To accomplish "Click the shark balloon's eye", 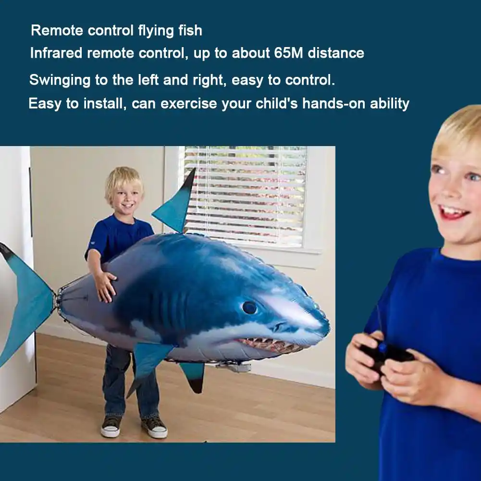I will [x=249, y=307].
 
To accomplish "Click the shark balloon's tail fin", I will [x=26, y=298].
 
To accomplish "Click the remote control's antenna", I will [x=379, y=322].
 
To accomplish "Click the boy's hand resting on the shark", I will [x=105, y=286].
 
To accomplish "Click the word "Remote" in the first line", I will [x=57, y=31].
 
